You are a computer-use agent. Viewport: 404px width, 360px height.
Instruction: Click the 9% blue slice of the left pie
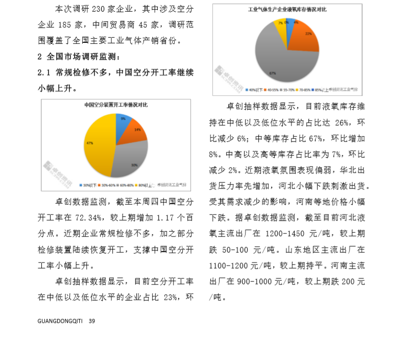tap(123, 123)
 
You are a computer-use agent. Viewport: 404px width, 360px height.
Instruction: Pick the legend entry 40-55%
tap(271, 90)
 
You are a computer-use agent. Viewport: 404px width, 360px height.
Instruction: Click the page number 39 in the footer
tap(92, 321)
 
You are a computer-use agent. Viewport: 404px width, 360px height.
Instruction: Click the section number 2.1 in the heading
tap(43, 73)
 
